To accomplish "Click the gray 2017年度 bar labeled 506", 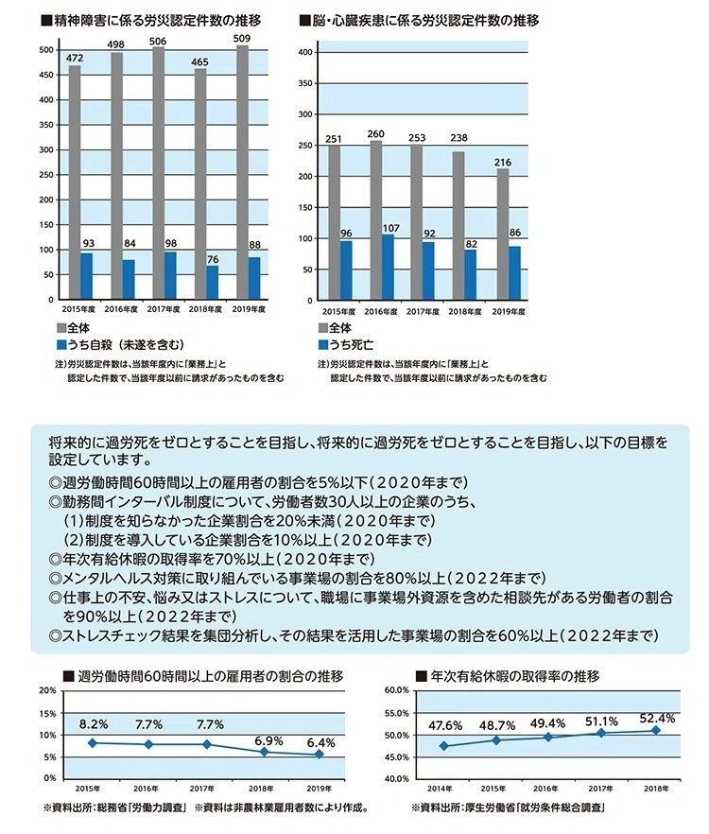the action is (x=159, y=173).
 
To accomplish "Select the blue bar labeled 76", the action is (x=212, y=283).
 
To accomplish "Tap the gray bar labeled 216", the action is (x=503, y=235).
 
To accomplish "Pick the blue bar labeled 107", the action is (x=389, y=268).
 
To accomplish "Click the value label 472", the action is (x=75, y=58).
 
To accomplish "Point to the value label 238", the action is (x=458, y=138).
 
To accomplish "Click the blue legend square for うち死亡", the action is (x=323, y=344).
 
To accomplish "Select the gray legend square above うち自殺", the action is (x=61, y=328).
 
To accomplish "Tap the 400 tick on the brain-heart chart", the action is (x=305, y=52).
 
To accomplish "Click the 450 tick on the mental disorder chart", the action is (x=47, y=75).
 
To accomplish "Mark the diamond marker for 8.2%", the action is (x=93, y=743).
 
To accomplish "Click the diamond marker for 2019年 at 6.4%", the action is (x=320, y=755).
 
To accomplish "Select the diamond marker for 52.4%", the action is (x=656, y=730).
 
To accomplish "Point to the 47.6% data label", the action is (x=445, y=725).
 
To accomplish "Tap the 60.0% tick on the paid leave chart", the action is (x=396, y=690).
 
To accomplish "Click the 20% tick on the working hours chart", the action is (x=47, y=690).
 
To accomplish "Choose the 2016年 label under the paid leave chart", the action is (x=545, y=789).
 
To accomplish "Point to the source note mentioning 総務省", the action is (x=115, y=808).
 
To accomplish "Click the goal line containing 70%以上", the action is (x=211, y=559).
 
